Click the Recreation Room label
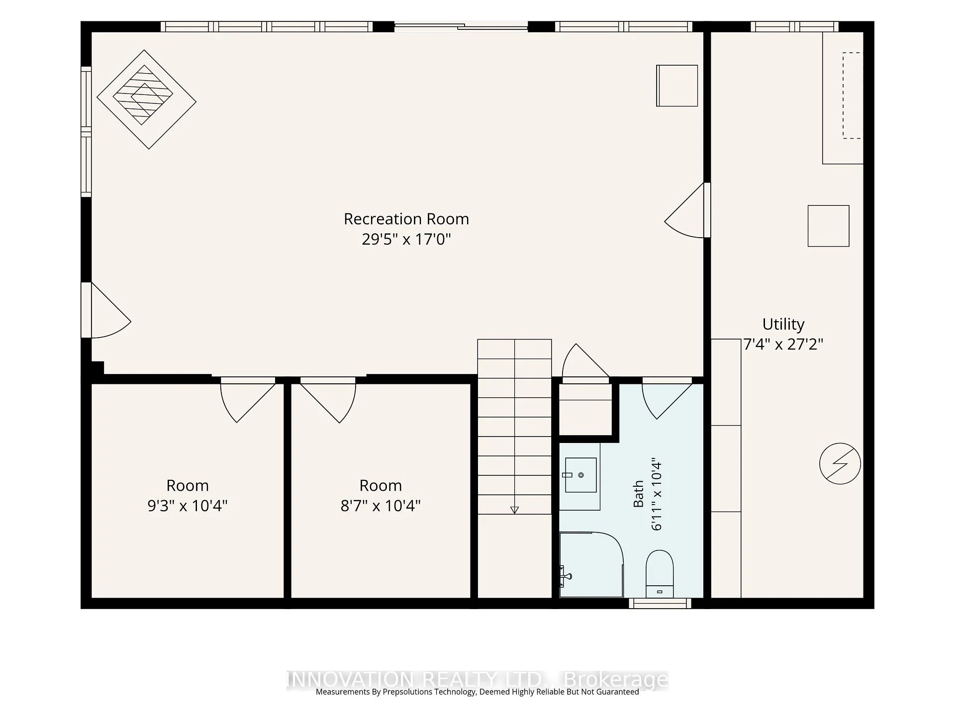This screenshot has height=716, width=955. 406,219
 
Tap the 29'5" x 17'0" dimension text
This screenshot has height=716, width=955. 406,239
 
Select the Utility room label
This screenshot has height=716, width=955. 783,324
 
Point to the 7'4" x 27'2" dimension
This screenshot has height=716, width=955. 783,344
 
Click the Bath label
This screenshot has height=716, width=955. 638,494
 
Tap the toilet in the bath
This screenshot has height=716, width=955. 660,574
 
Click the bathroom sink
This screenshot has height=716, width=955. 580,475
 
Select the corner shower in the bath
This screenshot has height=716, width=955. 591,564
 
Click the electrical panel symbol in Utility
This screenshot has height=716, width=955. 840,463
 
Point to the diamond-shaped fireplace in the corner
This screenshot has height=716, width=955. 146,99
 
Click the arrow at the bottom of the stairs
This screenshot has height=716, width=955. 514,510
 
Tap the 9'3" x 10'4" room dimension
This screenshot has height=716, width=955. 188,506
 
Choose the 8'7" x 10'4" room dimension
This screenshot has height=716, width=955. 381,506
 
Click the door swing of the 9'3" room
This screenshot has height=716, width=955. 248,400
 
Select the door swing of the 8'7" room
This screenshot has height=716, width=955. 328,400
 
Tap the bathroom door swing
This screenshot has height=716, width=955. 667,398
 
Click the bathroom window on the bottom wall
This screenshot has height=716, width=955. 660,603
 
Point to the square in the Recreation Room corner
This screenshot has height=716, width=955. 677,86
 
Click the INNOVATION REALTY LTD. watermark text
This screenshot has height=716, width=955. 477,679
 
